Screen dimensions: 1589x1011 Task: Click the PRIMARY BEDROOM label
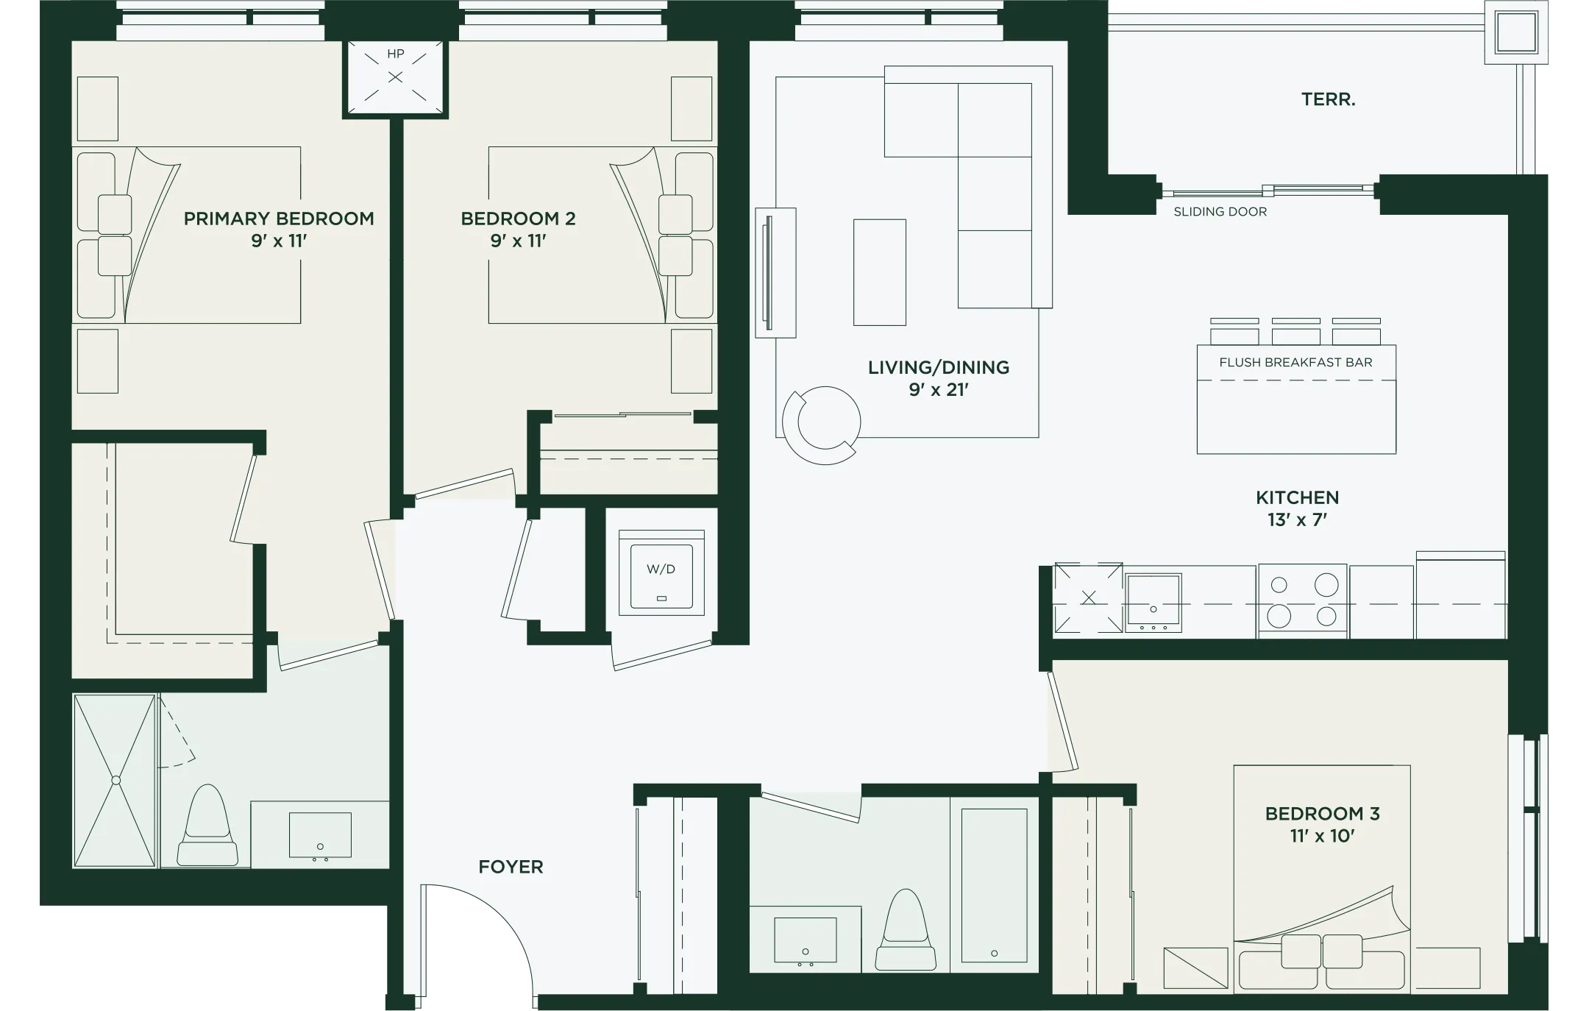pyautogui.click(x=279, y=219)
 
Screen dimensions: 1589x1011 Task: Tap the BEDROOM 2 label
pyautogui.click(x=518, y=219)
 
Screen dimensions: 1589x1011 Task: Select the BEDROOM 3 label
pyautogui.click(x=1322, y=814)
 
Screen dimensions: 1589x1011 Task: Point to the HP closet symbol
pyautogui.click(x=396, y=77)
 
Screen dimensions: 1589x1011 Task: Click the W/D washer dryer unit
pyautogui.click(x=661, y=573)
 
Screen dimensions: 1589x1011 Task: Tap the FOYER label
pyautogui.click(x=511, y=867)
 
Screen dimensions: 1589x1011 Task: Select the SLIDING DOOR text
pyautogui.click(x=1220, y=212)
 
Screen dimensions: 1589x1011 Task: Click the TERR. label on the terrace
pyautogui.click(x=1328, y=99)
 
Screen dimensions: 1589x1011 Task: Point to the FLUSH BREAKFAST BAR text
pyautogui.click(x=1295, y=362)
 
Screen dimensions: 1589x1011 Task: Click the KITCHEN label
pyautogui.click(x=1297, y=497)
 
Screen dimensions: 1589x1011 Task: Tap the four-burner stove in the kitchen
pyautogui.click(x=1302, y=601)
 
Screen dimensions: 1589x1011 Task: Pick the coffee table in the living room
pyautogui.click(x=879, y=272)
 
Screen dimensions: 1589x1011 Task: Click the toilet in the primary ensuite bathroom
pyautogui.click(x=207, y=826)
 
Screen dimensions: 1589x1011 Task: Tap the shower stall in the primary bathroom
pyautogui.click(x=115, y=781)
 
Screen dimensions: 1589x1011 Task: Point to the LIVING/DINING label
pyautogui.click(x=938, y=367)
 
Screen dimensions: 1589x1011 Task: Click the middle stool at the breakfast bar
pyautogui.click(x=1295, y=332)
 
